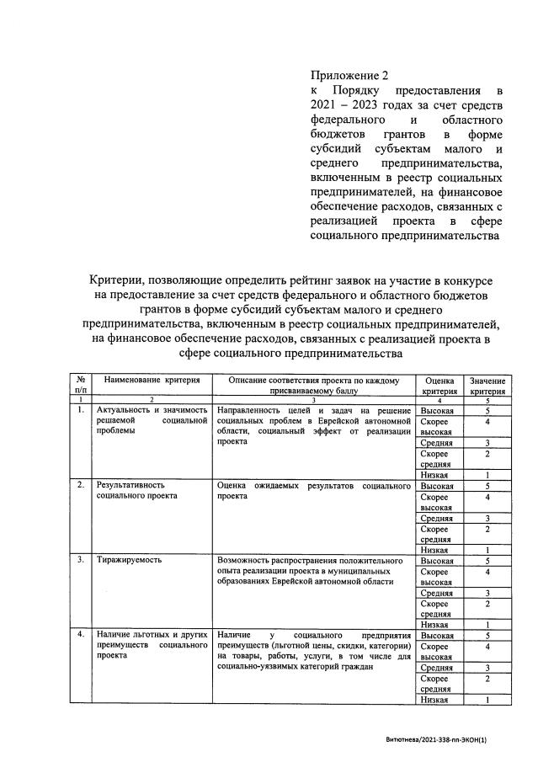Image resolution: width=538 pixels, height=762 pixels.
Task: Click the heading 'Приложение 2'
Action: coord(347,75)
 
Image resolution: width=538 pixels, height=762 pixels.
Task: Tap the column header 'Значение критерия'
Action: coord(487,386)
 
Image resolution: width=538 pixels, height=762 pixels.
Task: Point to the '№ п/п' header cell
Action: coord(80,386)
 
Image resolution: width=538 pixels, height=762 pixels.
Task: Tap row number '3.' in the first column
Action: coord(80,559)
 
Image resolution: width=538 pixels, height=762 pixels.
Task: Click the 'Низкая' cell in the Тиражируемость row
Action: coord(434,625)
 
